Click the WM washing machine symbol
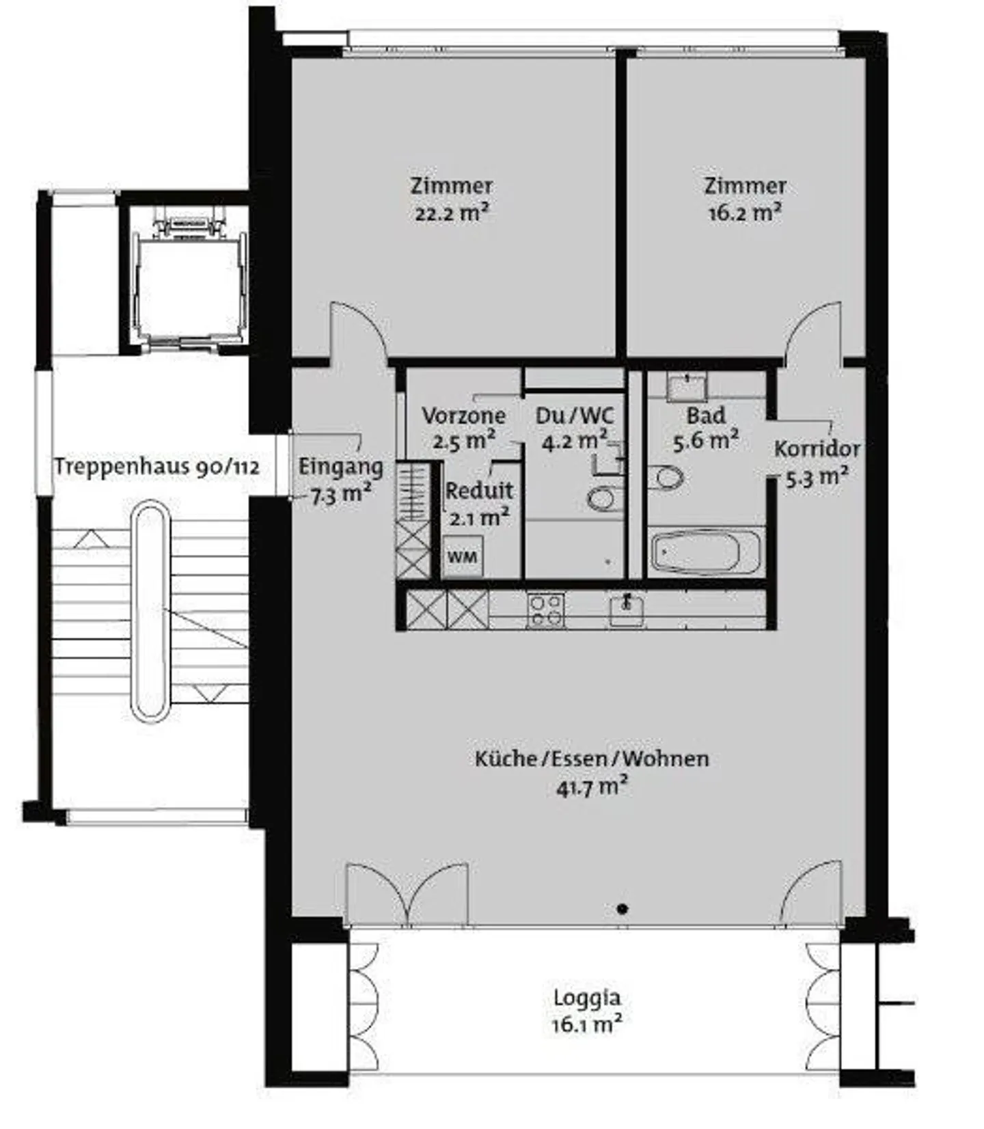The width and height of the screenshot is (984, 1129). click(463, 556)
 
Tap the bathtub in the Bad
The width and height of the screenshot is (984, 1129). click(705, 552)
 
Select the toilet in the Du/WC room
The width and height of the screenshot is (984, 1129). click(602, 498)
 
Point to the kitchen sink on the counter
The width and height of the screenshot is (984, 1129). click(626, 608)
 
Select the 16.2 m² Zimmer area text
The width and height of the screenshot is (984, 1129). click(745, 213)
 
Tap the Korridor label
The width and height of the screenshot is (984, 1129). click(817, 449)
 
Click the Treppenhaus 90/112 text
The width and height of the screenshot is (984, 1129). click(156, 467)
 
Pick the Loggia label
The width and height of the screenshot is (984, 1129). click(587, 997)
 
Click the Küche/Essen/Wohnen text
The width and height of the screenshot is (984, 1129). click(592, 759)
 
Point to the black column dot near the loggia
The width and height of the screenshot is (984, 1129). click(622, 908)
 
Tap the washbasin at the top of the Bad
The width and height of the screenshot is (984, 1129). click(687, 387)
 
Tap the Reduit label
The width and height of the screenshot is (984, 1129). click(479, 491)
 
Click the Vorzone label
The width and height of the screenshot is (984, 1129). click(463, 416)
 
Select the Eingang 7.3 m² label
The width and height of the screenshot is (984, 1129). click(340, 480)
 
